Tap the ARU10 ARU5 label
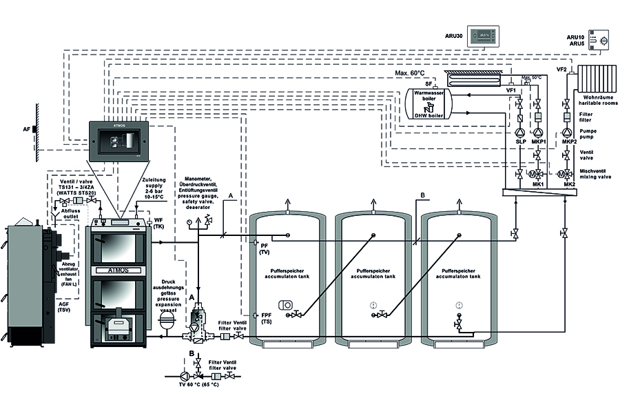(x=575, y=39)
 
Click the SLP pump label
(x=521, y=142)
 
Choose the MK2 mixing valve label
(x=569, y=185)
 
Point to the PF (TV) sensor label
(x=265, y=249)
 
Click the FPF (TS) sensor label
(x=267, y=319)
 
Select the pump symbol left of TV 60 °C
(x=183, y=377)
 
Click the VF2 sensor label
(x=561, y=70)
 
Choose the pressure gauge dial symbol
(x=188, y=223)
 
